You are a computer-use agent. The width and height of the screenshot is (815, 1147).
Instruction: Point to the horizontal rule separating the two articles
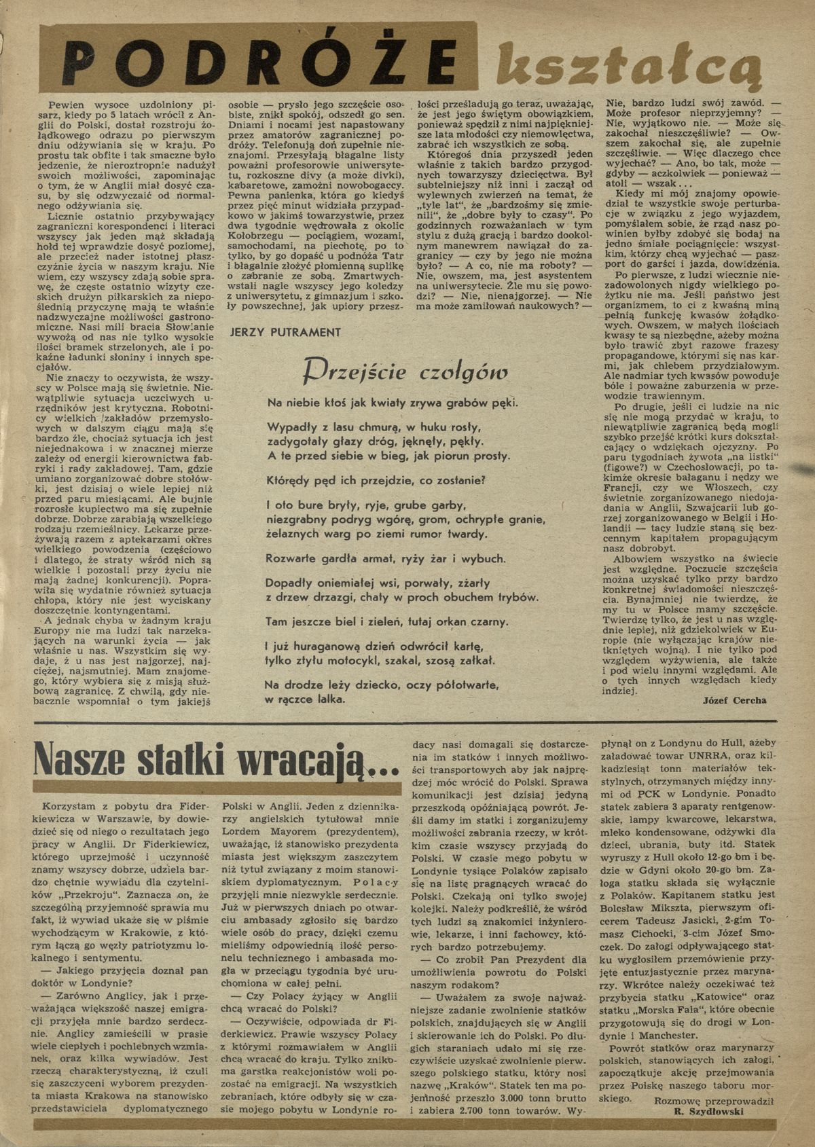coord(407,722)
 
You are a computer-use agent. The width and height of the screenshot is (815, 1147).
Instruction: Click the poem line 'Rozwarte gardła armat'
coord(385,559)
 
